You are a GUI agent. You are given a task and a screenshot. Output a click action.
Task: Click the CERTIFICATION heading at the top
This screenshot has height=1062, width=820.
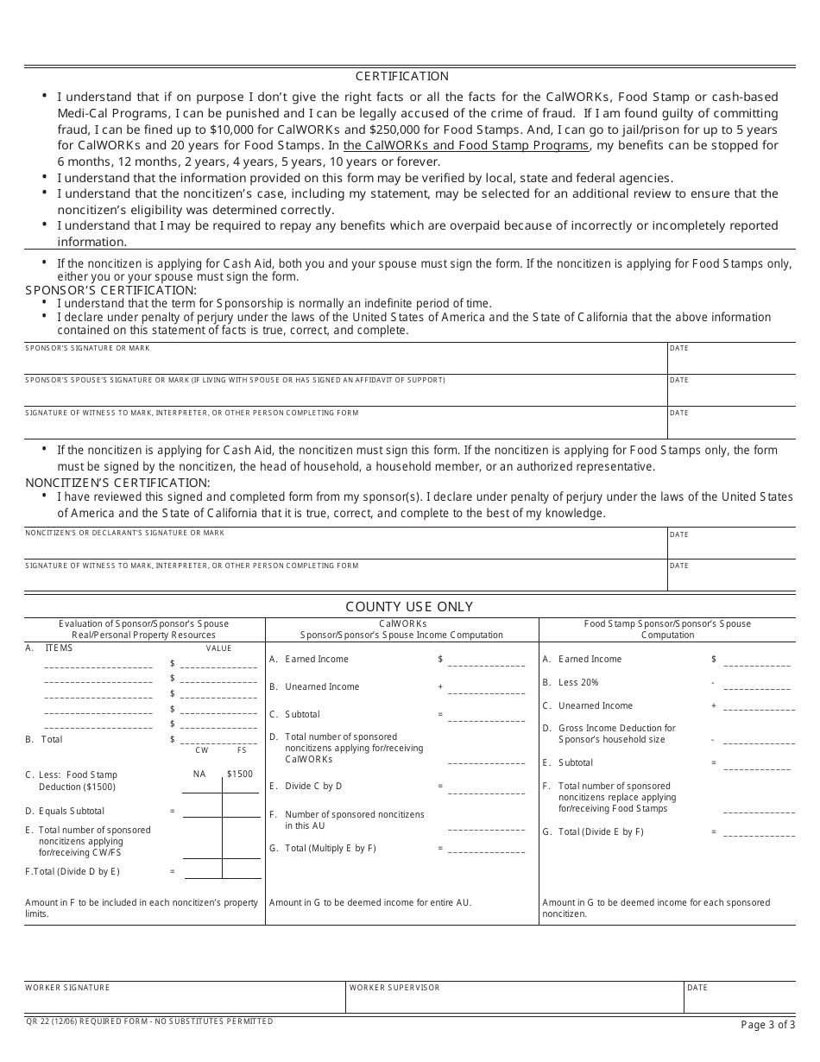coord(402,76)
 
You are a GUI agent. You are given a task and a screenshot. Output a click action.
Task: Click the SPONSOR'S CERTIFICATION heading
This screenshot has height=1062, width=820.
coord(110,290)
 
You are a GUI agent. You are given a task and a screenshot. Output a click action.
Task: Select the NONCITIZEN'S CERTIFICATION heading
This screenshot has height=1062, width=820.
coord(117,483)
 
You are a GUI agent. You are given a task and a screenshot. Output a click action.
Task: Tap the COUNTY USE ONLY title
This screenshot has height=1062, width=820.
coord(409,607)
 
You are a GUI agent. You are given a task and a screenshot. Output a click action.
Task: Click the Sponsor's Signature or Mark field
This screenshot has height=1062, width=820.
coord(345,359)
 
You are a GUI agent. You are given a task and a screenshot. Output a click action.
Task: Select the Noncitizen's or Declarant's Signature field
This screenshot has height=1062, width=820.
coord(345,545)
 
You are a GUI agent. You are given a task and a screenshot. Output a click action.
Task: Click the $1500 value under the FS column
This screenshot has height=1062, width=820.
coord(240,774)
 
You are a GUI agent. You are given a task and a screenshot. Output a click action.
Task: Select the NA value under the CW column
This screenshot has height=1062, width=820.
coord(199,774)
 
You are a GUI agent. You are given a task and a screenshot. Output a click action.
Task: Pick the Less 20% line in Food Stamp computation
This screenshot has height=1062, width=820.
coord(578,682)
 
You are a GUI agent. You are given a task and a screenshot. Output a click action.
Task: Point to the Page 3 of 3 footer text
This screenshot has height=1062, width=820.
coord(767,1025)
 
